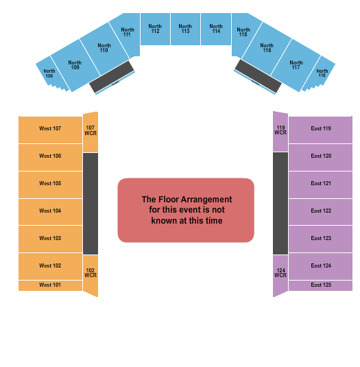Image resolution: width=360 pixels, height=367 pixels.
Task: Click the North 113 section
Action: tap(185, 29)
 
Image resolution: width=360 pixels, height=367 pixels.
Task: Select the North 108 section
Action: tap(49, 74)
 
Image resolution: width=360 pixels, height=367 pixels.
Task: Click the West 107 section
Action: tap(50, 129)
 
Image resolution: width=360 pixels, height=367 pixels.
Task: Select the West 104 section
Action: tap(50, 211)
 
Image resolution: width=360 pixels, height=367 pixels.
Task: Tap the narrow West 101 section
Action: tap(50, 285)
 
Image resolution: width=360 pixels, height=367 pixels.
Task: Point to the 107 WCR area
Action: tap(91, 130)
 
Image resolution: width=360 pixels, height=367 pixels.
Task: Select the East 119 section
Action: tap(321, 129)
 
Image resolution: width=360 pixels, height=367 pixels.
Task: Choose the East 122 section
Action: tap(321, 211)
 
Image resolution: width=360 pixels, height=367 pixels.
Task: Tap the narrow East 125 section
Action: tap(321, 285)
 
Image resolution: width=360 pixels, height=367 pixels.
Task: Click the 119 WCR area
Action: tap(280, 130)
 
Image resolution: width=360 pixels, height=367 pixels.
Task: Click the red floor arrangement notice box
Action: tap(186, 210)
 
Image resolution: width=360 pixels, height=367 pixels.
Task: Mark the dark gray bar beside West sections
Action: tap(91, 203)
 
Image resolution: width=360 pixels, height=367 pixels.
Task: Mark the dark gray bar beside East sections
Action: tap(280, 203)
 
